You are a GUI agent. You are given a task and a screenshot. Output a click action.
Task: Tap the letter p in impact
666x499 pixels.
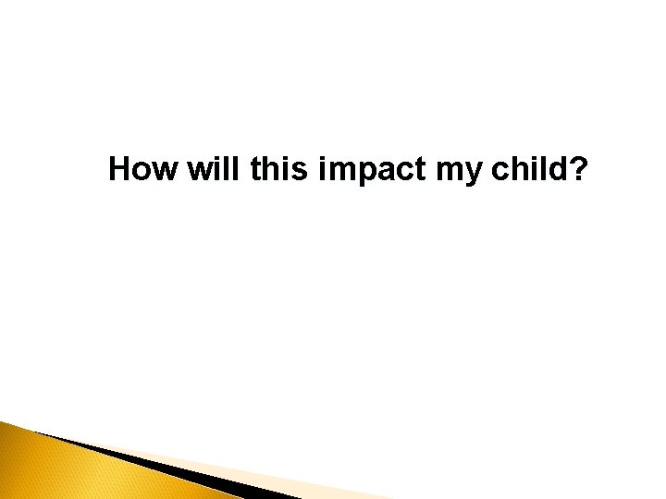tap(356, 174)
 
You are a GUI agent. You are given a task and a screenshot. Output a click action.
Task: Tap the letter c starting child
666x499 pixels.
tap(502, 173)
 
